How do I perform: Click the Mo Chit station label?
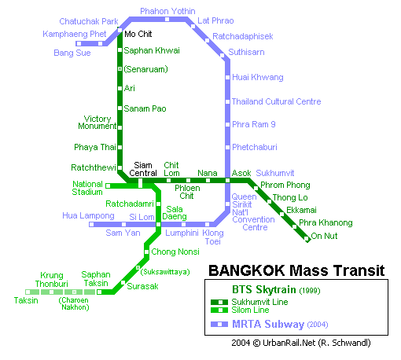(x=138, y=34)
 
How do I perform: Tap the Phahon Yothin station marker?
(x=167, y=20)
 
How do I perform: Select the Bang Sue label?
(x=72, y=53)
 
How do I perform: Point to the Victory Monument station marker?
(x=120, y=127)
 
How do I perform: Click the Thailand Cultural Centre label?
(x=277, y=101)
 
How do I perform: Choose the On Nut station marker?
(x=307, y=238)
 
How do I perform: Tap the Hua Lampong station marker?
(x=91, y=224)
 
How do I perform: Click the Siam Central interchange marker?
(x=140, y=183)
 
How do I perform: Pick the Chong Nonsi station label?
(x=175, y=252)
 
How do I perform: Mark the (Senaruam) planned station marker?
(x=120, y=69)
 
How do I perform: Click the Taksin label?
(x=26, y=300)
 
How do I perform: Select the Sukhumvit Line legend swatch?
(x=219, y=303)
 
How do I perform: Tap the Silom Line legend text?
(x=250, y=310)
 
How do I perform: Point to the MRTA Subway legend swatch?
(x=219, y=325)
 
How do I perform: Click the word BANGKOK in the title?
(x=247, y=270)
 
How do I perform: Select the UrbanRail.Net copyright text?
(x=301, y=343)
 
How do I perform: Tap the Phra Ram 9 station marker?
(x=228, y=124)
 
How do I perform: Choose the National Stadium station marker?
(x=108, y=186)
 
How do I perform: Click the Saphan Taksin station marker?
(x=99, y=292)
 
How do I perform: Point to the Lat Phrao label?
(x=215, y=20)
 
